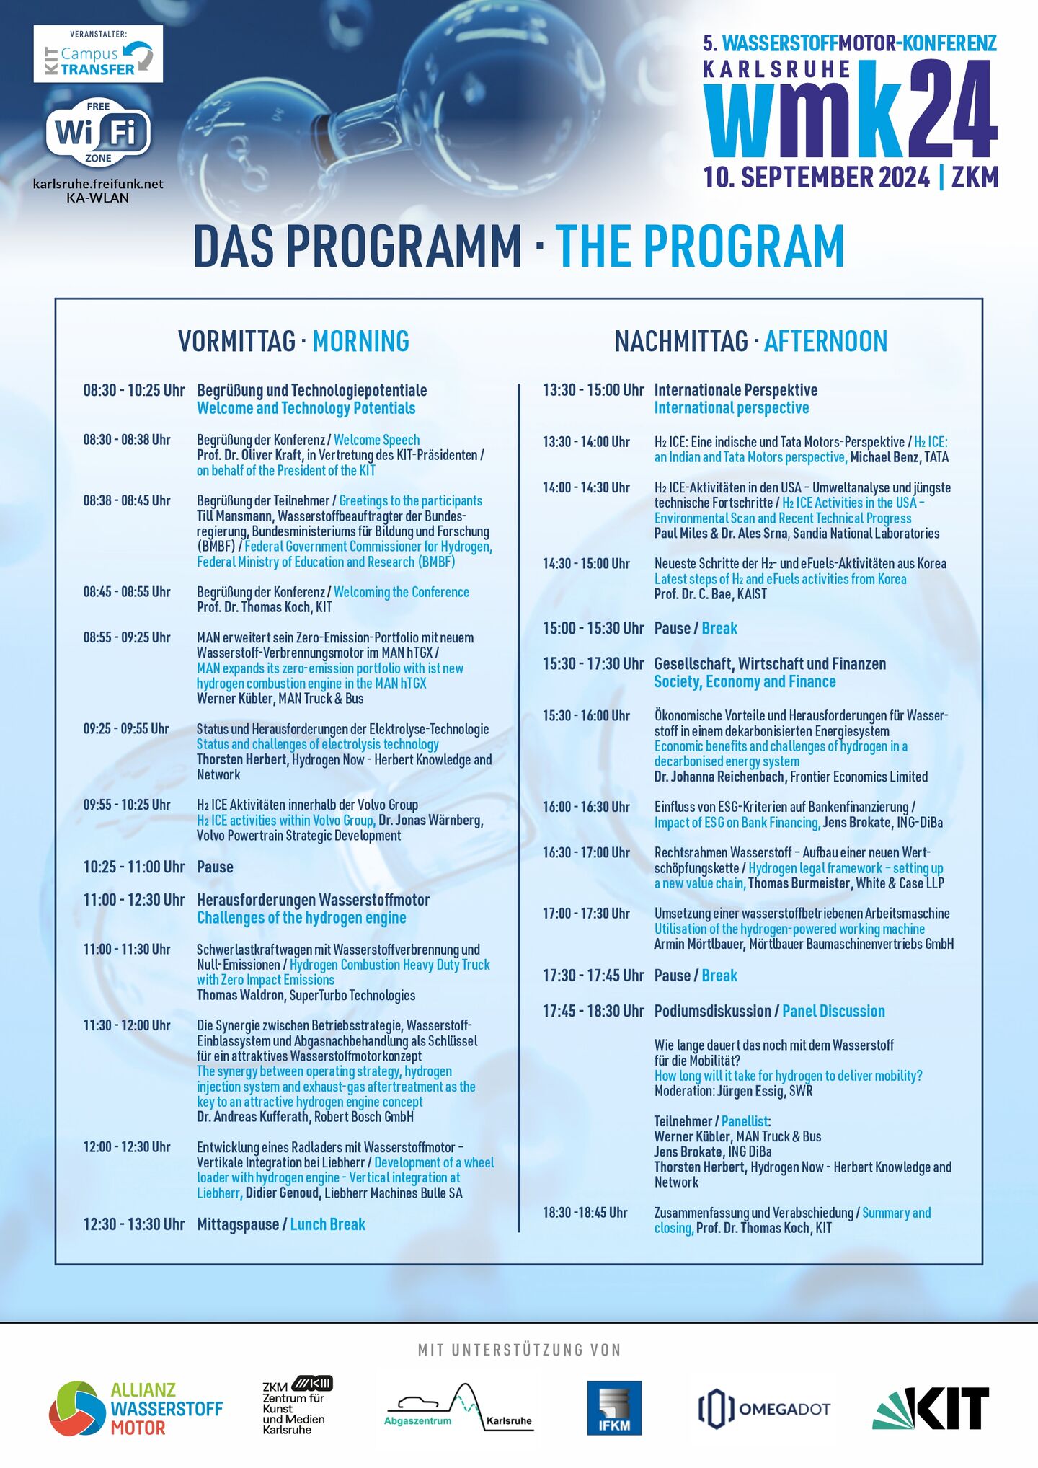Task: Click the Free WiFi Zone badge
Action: pos(98,133)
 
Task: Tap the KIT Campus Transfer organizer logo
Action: pos(98,55)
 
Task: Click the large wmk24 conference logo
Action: pos(851,108)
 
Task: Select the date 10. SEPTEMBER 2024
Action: pos(816,177)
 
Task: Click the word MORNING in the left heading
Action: pos(360,341)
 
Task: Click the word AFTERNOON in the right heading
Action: pos(825,341)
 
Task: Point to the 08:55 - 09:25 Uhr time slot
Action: pos(127,637)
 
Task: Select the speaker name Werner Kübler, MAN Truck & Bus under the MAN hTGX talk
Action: pos(280,699)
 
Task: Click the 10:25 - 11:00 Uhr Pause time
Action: pos(134,867)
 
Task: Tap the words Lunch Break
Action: pos(327,1224)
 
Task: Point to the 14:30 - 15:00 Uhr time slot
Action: pos(586,564)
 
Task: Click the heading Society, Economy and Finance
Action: pos(745,682)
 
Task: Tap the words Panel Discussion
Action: pos(833,1011)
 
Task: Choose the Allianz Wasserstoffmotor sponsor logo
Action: pos(136,1407)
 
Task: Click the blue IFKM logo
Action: pos(613,1407)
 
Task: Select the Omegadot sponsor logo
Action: pos(764,1408)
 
